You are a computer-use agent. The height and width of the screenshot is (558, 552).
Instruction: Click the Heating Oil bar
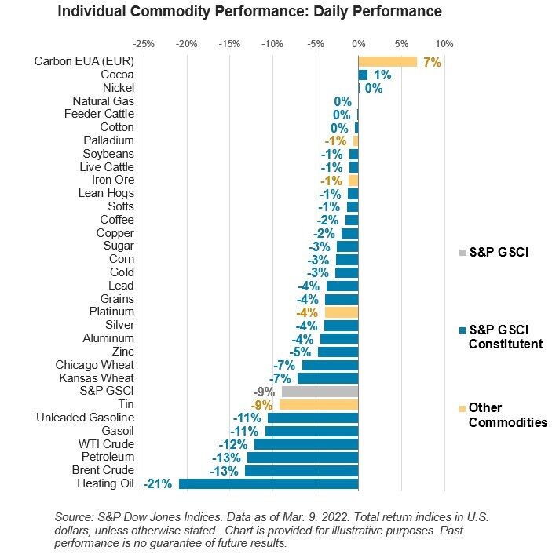click(x=268, y=483)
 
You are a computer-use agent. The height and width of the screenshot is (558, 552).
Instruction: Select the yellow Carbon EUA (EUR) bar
click(x=387, y=61)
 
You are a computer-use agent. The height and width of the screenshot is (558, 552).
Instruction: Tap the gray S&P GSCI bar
click(x=320, y=391)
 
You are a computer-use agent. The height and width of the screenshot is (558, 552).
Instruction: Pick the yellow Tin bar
click(x=318, y=404)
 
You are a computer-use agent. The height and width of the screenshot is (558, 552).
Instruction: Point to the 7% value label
click(x=431, y=62)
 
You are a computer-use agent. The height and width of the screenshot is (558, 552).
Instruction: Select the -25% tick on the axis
click(x=144, y=43)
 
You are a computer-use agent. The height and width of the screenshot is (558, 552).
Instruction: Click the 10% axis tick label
click(x=444, y=43)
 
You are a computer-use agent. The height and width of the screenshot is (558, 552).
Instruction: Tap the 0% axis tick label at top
click(x=358, y=43)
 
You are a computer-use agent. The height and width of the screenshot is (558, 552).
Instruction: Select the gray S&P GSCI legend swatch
click(x=462, y=253)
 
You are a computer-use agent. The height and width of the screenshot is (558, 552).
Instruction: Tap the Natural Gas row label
click(x=103, y=101)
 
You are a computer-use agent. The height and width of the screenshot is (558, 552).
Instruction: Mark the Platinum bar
click(x=341, y=312)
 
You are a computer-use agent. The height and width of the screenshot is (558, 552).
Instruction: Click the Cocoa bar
click(x=363, y=75)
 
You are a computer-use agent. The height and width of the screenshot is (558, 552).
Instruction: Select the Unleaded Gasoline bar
click(x=313, y=418)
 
